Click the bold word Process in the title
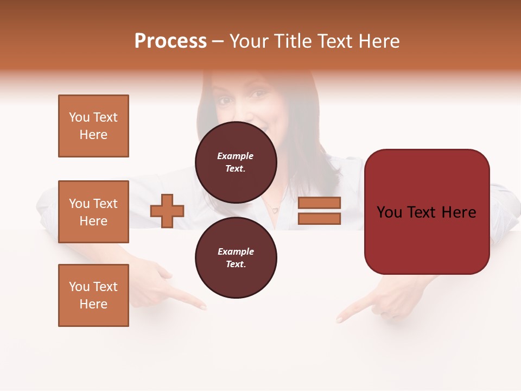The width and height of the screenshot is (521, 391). click(170, 41)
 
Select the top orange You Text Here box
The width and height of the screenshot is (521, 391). click(93, 126)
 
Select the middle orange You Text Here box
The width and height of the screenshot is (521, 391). click(93, 212)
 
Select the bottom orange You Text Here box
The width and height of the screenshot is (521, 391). click(93, 295)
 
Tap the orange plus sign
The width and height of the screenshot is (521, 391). click(167, 211)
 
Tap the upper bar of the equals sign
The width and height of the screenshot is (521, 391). click(319, 203)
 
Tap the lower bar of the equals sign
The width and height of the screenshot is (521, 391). click(319, 219)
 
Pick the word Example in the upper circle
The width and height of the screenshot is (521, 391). click(236, 156)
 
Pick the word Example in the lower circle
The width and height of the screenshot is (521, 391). click(236, 251)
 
